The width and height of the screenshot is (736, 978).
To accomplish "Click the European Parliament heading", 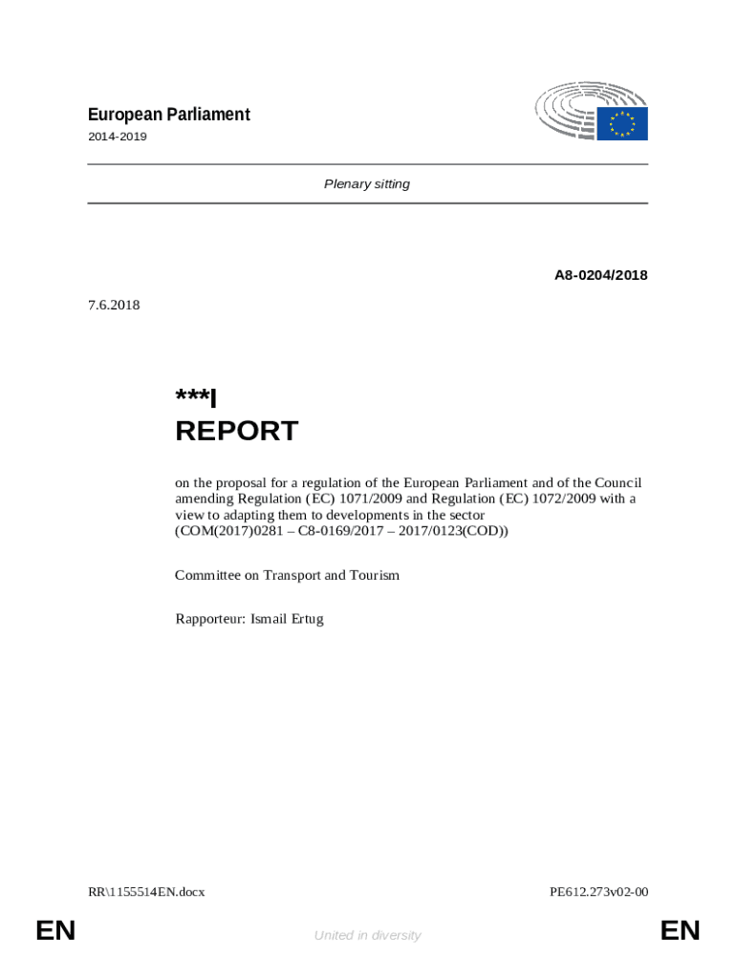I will point(168,115).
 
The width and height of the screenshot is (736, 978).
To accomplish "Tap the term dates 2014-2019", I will point(117,137).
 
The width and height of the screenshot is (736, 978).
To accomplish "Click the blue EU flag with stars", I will point(622,123).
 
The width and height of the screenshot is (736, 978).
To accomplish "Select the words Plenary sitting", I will point(367,183).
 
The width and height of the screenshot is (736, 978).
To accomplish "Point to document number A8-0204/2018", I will point(600,275).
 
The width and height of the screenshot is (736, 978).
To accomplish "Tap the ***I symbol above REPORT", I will point(196,397).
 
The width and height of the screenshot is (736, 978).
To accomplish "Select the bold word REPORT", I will point(236,431).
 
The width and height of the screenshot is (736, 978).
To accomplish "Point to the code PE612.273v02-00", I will point(598,892).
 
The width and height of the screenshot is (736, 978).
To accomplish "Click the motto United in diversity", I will point(367,935).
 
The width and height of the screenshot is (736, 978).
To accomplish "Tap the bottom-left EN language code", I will point(55,931).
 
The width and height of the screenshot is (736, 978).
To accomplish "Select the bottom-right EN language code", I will point(680,931).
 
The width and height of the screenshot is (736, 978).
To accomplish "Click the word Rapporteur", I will point(208,619).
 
